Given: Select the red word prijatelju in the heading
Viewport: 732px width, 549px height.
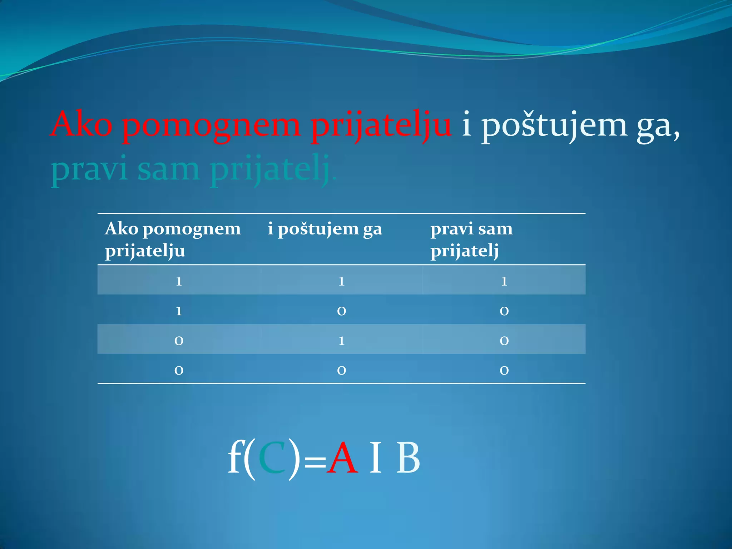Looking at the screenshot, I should tap(381, 127).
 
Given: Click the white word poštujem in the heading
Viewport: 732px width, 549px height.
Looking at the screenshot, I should tap(554, 127).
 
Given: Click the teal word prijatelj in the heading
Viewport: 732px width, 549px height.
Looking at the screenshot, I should tap(270, 170).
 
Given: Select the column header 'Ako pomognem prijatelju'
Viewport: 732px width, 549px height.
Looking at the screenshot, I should tap(173, 239).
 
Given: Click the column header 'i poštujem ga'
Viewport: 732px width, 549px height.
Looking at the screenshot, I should tap(325, 229).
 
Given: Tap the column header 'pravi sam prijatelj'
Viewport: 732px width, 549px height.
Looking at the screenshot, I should tap(471, 239).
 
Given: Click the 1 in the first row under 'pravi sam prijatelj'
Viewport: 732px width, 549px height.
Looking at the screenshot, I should tap(504, 281).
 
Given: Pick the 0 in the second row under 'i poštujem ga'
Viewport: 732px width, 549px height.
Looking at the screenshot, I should tap(341, 311).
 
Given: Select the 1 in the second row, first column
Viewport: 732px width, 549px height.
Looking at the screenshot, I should tap(179, 311).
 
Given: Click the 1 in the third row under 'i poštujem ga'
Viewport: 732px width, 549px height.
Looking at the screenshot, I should tap(341, 341).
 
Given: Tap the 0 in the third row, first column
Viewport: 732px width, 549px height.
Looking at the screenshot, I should tap(179, 341).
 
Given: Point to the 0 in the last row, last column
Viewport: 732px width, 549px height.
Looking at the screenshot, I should tap(504, 370).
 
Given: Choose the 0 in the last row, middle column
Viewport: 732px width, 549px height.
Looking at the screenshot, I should tap(341, 370).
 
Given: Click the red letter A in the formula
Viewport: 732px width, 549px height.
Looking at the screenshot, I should tap(343, 458).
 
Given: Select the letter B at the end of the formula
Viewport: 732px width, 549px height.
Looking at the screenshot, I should tap(408, 458).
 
